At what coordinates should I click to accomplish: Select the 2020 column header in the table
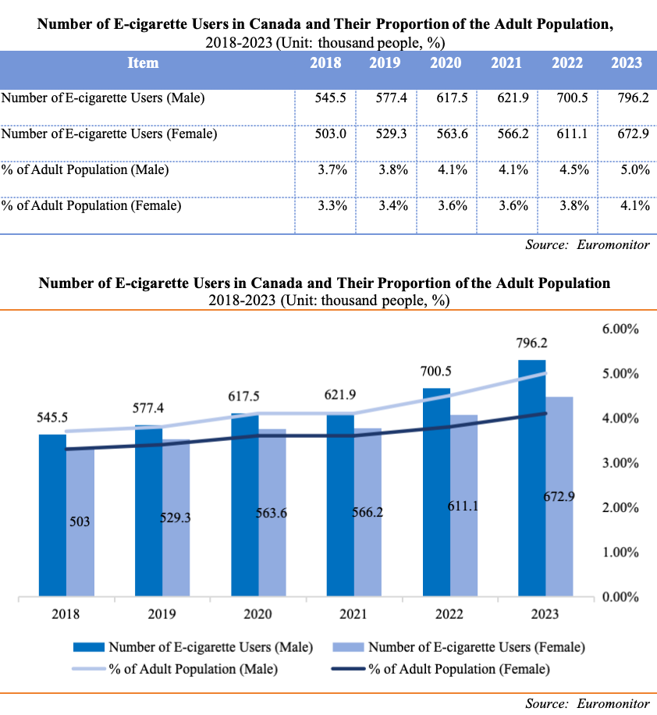(x=446, y=63)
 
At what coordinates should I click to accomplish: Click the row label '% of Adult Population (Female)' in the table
(x=92, y=206)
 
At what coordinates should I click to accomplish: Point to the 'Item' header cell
(x=143, y=63)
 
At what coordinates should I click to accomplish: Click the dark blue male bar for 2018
(x=53, y=515)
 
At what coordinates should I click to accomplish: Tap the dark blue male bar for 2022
(x=436, y=492)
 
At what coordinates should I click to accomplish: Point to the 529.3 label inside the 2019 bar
(x=176, y=517)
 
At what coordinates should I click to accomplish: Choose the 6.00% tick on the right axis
(x=621, y=329)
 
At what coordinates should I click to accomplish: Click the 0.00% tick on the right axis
(x=621, y=598)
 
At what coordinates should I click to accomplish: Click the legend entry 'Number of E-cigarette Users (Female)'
(x=476, y=647)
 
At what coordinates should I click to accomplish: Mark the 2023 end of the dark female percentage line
(x=545, y=414)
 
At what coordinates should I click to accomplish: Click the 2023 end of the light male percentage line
(x=545, y=373)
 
